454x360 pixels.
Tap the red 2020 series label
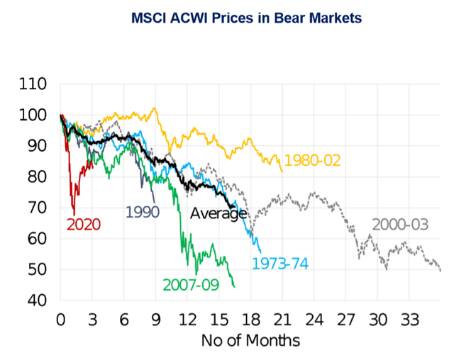[84, 225]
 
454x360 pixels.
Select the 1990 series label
[142, 211]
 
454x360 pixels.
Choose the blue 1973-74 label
[279, 264]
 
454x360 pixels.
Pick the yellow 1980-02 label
[312, 160]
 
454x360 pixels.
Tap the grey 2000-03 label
[400, 225]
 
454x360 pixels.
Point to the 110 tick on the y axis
[34, 84]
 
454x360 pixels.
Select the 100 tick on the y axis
[34, 116]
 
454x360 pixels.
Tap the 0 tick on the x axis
[61, 318]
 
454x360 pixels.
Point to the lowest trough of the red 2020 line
[74, 214]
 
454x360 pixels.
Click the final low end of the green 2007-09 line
[234, 286]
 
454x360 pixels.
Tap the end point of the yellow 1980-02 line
[282, 171]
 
